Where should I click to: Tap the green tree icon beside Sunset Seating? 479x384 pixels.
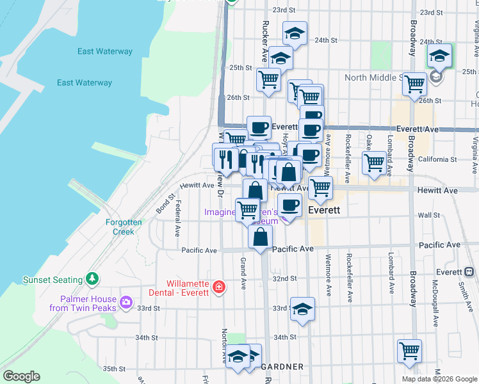(x=93, y=279)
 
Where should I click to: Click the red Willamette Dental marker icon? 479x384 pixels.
(x=219, y=286)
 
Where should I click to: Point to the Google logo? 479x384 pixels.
(x=21, y=376)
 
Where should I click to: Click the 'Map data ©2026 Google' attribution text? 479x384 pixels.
(x=439, y=379)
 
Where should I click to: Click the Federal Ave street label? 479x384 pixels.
(x=177, y=218)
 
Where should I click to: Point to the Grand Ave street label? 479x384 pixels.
(x=243, y=271)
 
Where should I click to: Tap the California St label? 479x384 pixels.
(x=439, y=159)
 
